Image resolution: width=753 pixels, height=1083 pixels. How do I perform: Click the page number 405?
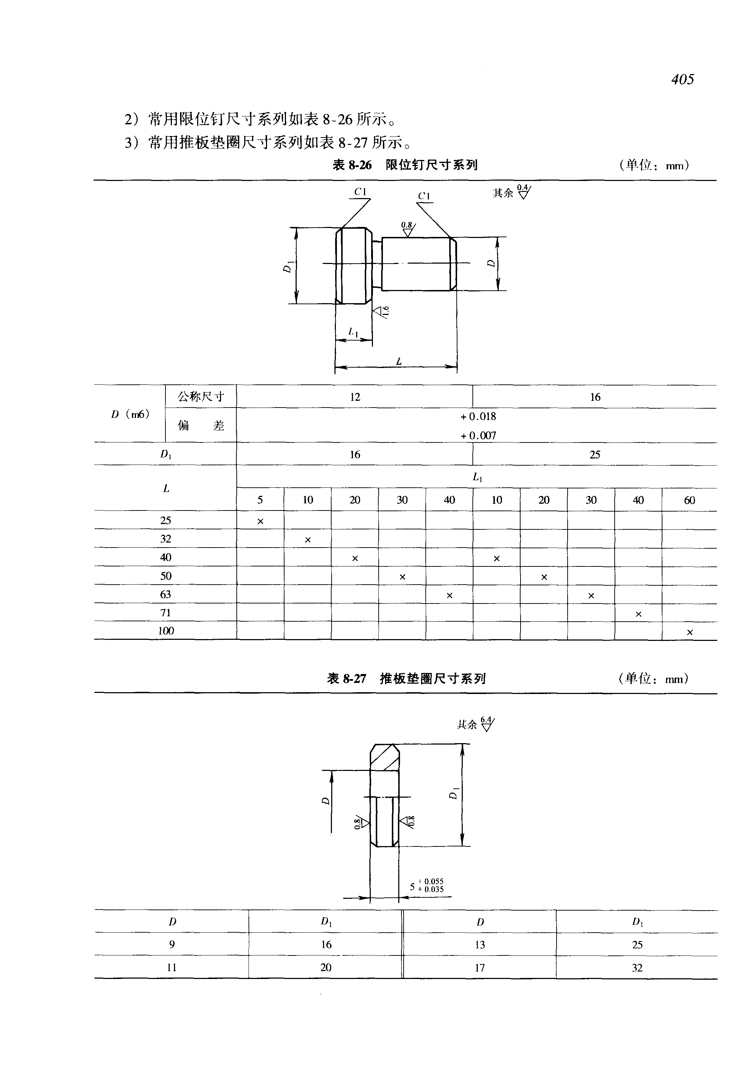pos(683,79)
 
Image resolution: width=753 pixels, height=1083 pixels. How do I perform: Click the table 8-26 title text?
pos(405,165)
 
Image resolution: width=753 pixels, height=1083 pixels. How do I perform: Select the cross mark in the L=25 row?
pos(260,521)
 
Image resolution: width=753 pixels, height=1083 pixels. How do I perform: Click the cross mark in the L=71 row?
pos(638,614)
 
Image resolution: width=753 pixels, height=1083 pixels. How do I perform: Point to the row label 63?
pos(165,594)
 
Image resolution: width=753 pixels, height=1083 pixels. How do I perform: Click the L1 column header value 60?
pos(689,500)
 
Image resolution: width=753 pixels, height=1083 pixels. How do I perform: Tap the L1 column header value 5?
pos(260,500)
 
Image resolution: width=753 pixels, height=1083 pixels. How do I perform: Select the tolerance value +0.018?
pos(478,416)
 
